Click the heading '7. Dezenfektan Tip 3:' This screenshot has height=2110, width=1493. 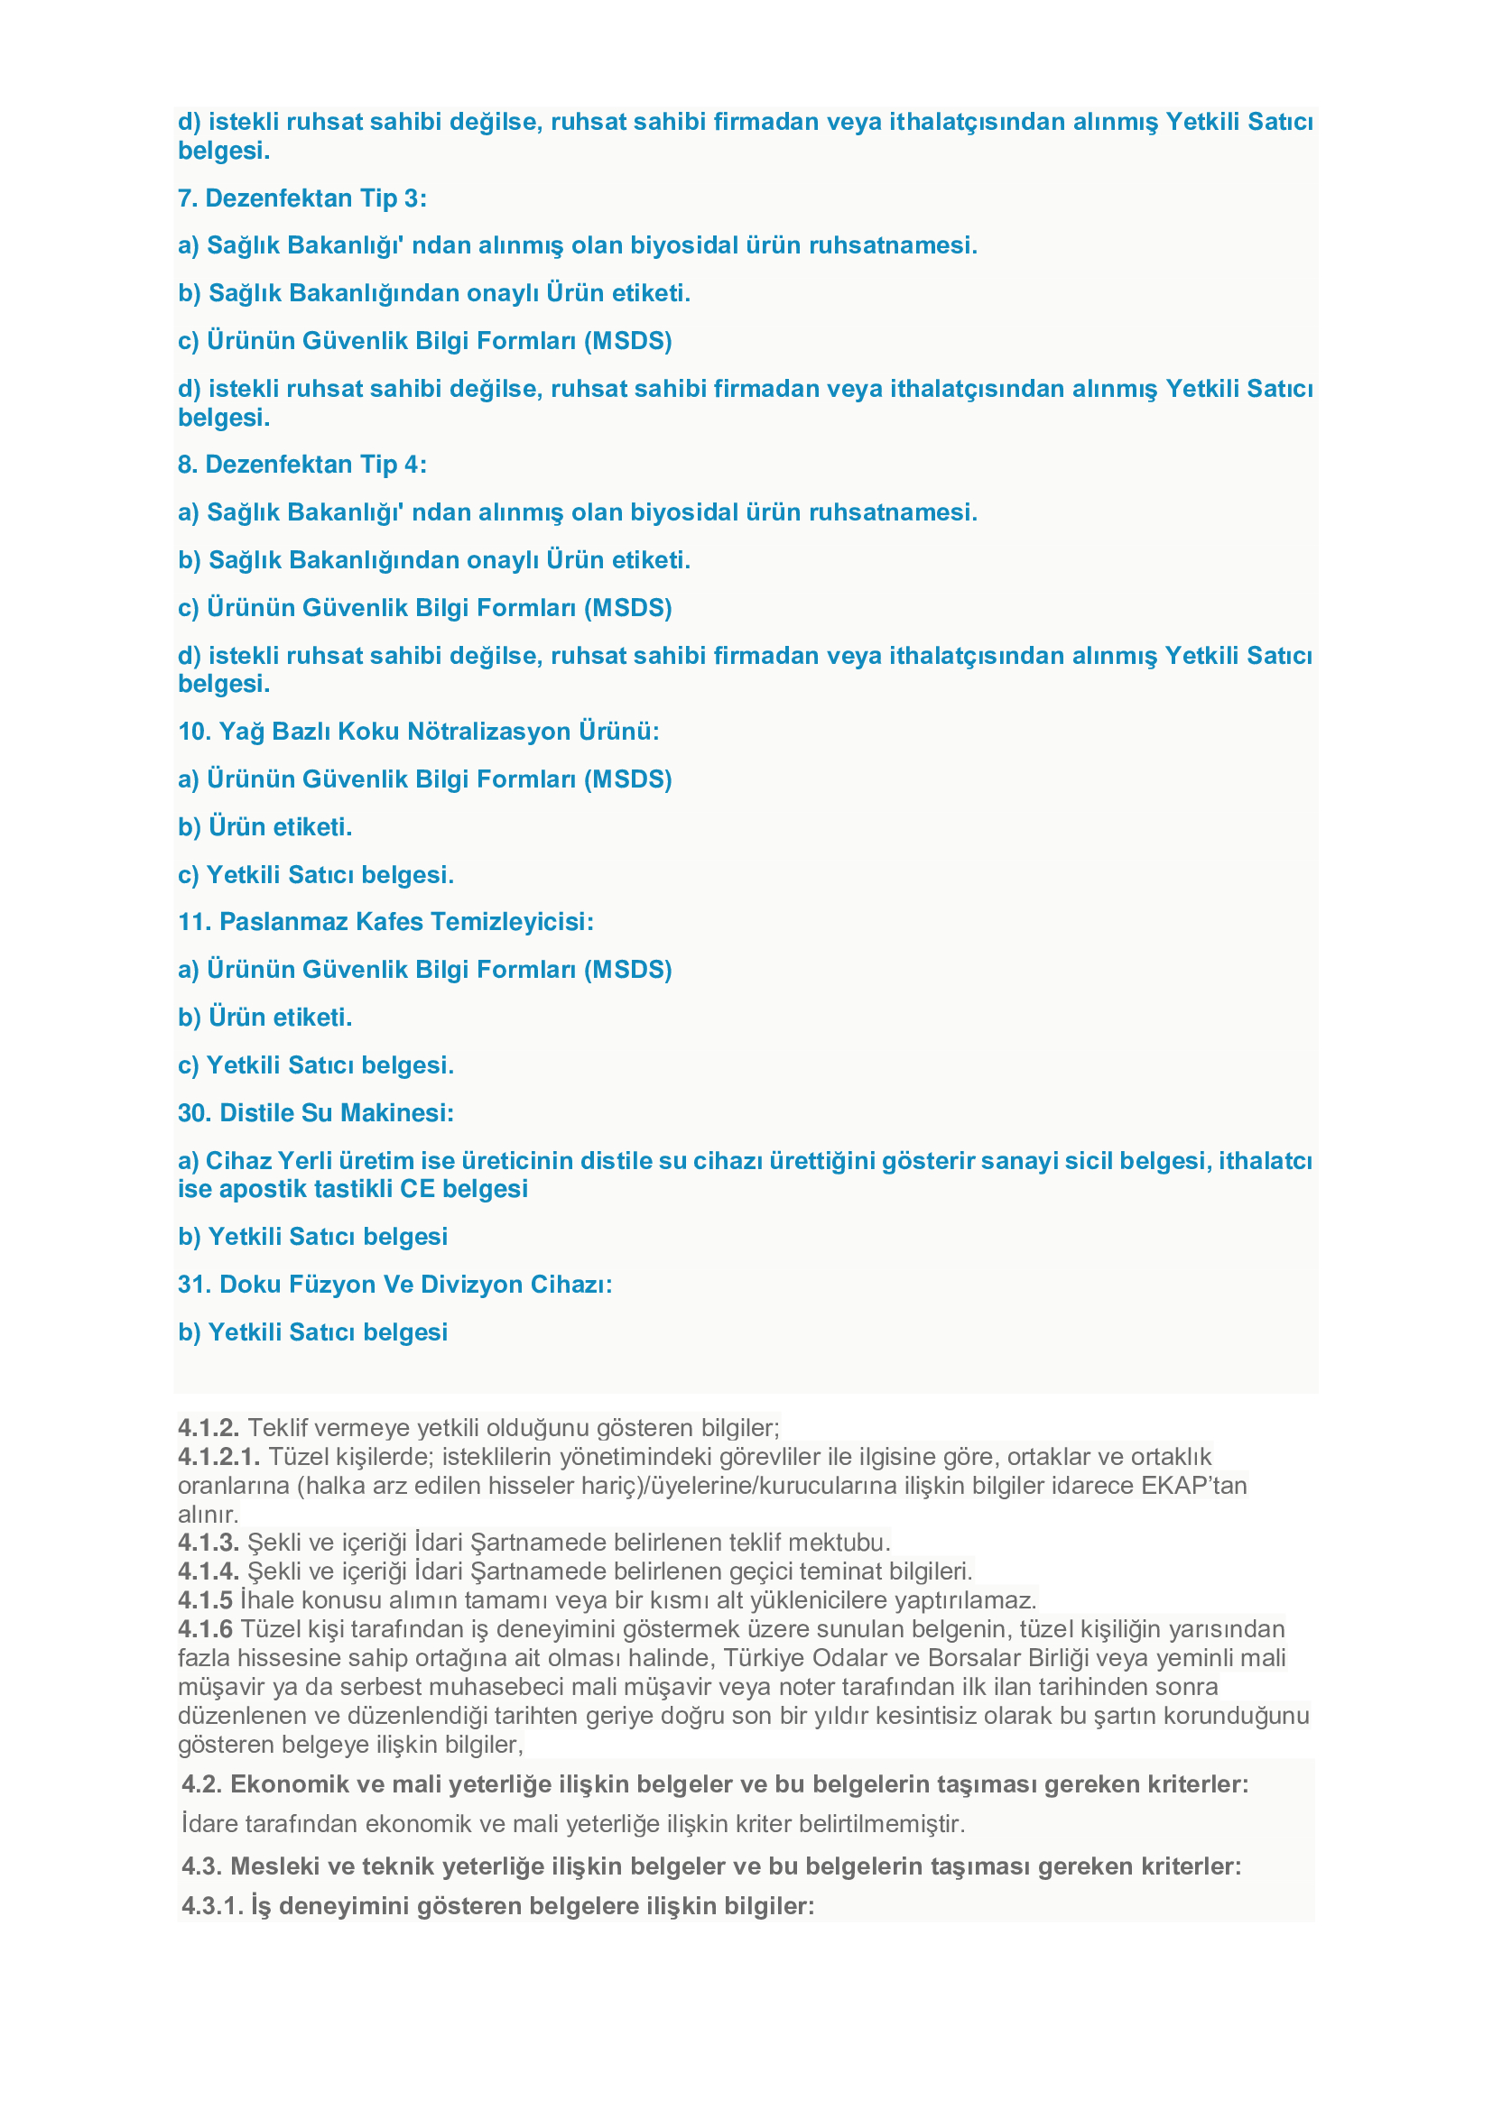(x=301, y=198)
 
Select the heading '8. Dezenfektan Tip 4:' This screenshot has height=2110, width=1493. (x=301, y=465)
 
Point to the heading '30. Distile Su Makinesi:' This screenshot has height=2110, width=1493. (x=315, y=1113)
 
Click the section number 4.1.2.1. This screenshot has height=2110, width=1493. (x=218, y=1457)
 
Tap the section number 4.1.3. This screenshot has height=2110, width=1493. (x=209, y=1542)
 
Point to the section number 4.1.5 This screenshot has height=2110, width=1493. (x=205, y=1600)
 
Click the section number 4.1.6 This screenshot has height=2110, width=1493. (x=205, y=1629)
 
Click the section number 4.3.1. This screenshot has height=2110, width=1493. (x=212, y=1906)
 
